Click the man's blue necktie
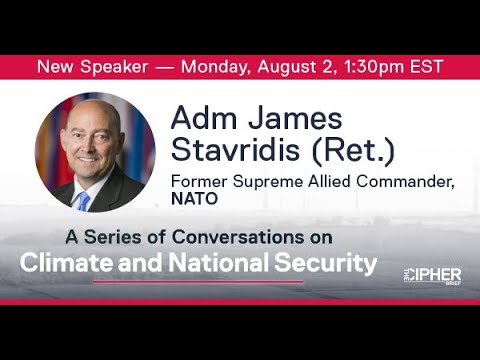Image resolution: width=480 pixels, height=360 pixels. coord(84,201)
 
